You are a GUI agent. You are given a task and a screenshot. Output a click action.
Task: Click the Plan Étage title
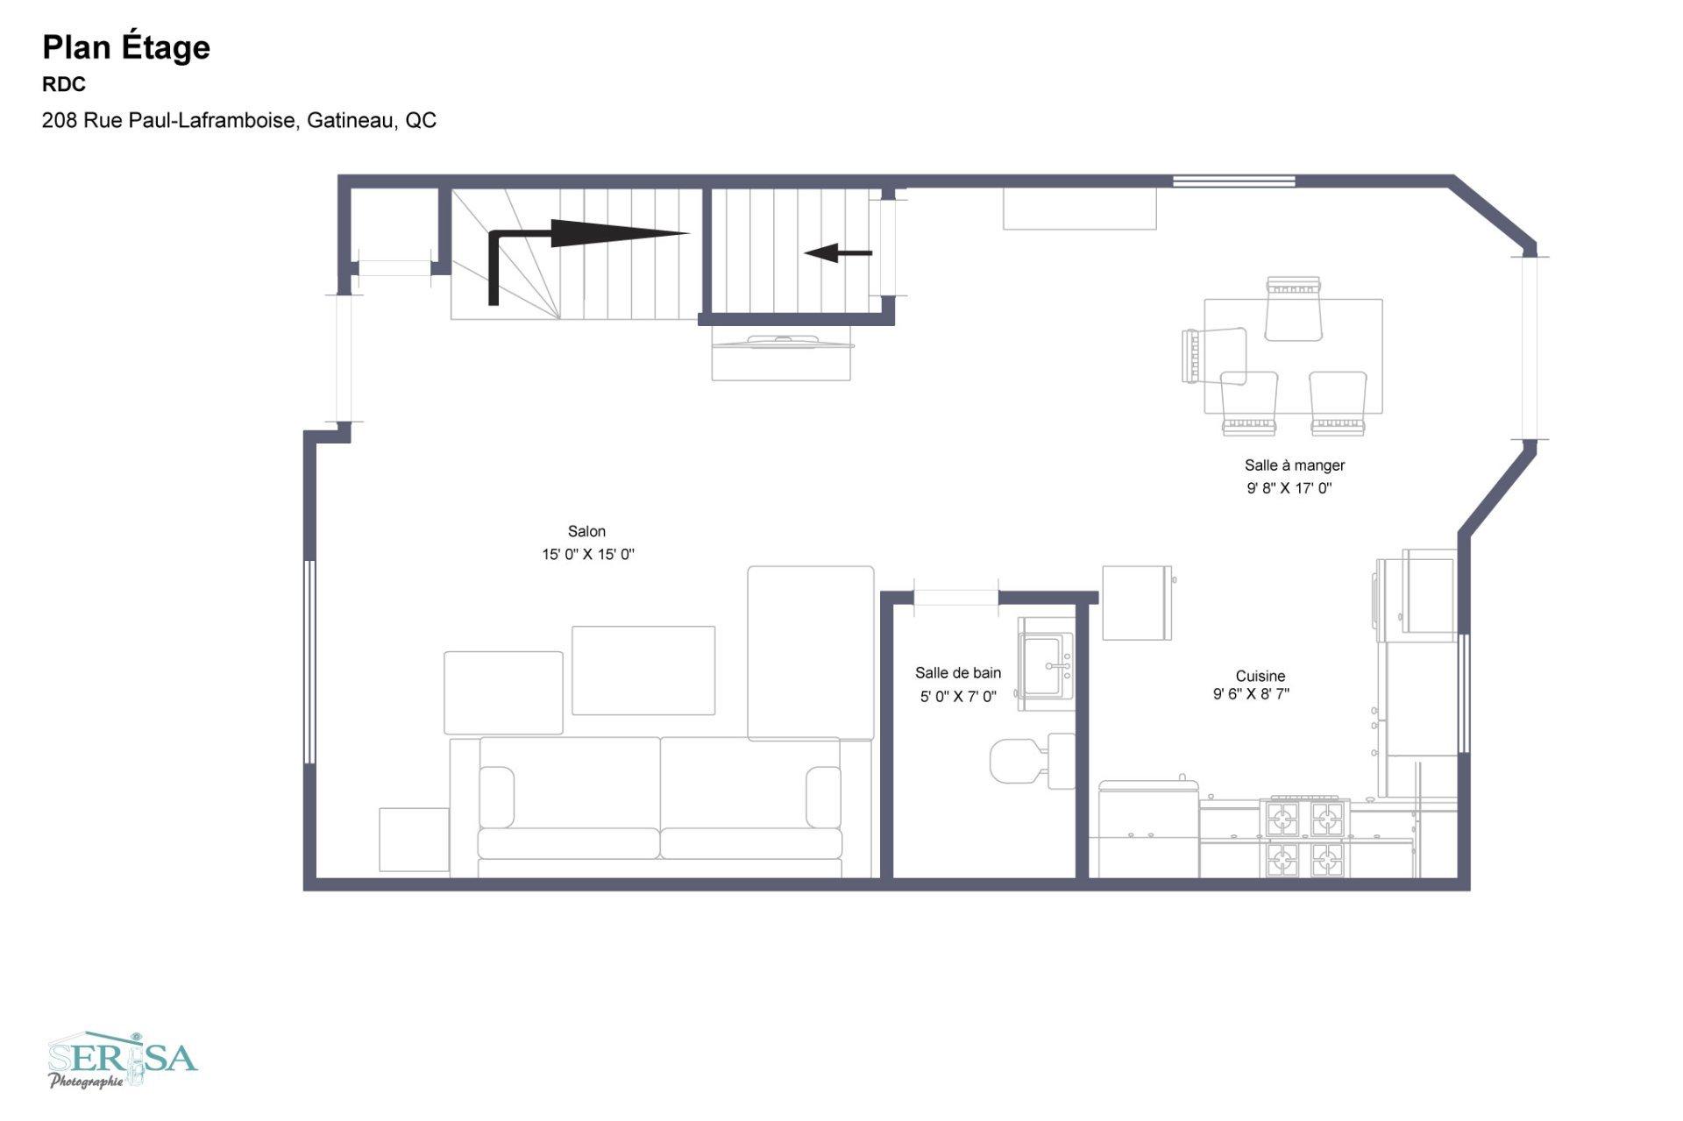tap(126, 47)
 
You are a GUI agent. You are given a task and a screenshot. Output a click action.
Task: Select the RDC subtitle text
tap(64, 84)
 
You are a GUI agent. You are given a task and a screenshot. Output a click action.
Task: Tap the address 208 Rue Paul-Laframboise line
tap(238, 120)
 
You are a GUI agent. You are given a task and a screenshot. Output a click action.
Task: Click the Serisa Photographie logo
tap(123, 1061)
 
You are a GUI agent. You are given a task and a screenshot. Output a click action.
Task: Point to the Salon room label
tap(586, 531)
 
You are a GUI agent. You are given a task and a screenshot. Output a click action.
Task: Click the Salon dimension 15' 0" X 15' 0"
tap(587, 554)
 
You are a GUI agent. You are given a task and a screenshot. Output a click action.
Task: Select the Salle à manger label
tap(1294, 465)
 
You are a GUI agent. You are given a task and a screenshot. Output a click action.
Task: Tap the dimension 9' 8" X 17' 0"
tap(1289, 488)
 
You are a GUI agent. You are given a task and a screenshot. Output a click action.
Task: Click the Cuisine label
tap(1260, 676)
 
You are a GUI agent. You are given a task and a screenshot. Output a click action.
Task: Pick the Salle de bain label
tap(958, 673)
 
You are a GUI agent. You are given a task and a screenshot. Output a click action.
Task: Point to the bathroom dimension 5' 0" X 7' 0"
tap(958, 697)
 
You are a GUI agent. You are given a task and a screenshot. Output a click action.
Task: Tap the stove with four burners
tap(1304, 837)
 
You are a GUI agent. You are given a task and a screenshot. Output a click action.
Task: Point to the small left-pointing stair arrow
tap(838, 253)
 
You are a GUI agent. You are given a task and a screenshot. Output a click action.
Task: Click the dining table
tap(1293, 356)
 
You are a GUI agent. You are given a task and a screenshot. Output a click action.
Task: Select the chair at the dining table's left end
tap(1213, 355)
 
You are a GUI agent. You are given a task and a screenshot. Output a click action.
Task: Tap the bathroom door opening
tap(955, 598)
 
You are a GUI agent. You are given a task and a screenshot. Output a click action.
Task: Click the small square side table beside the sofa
tap(414, 840)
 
